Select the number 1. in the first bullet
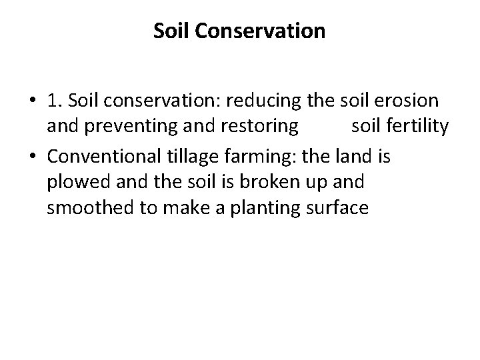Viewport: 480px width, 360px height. [x=55, y=101]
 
